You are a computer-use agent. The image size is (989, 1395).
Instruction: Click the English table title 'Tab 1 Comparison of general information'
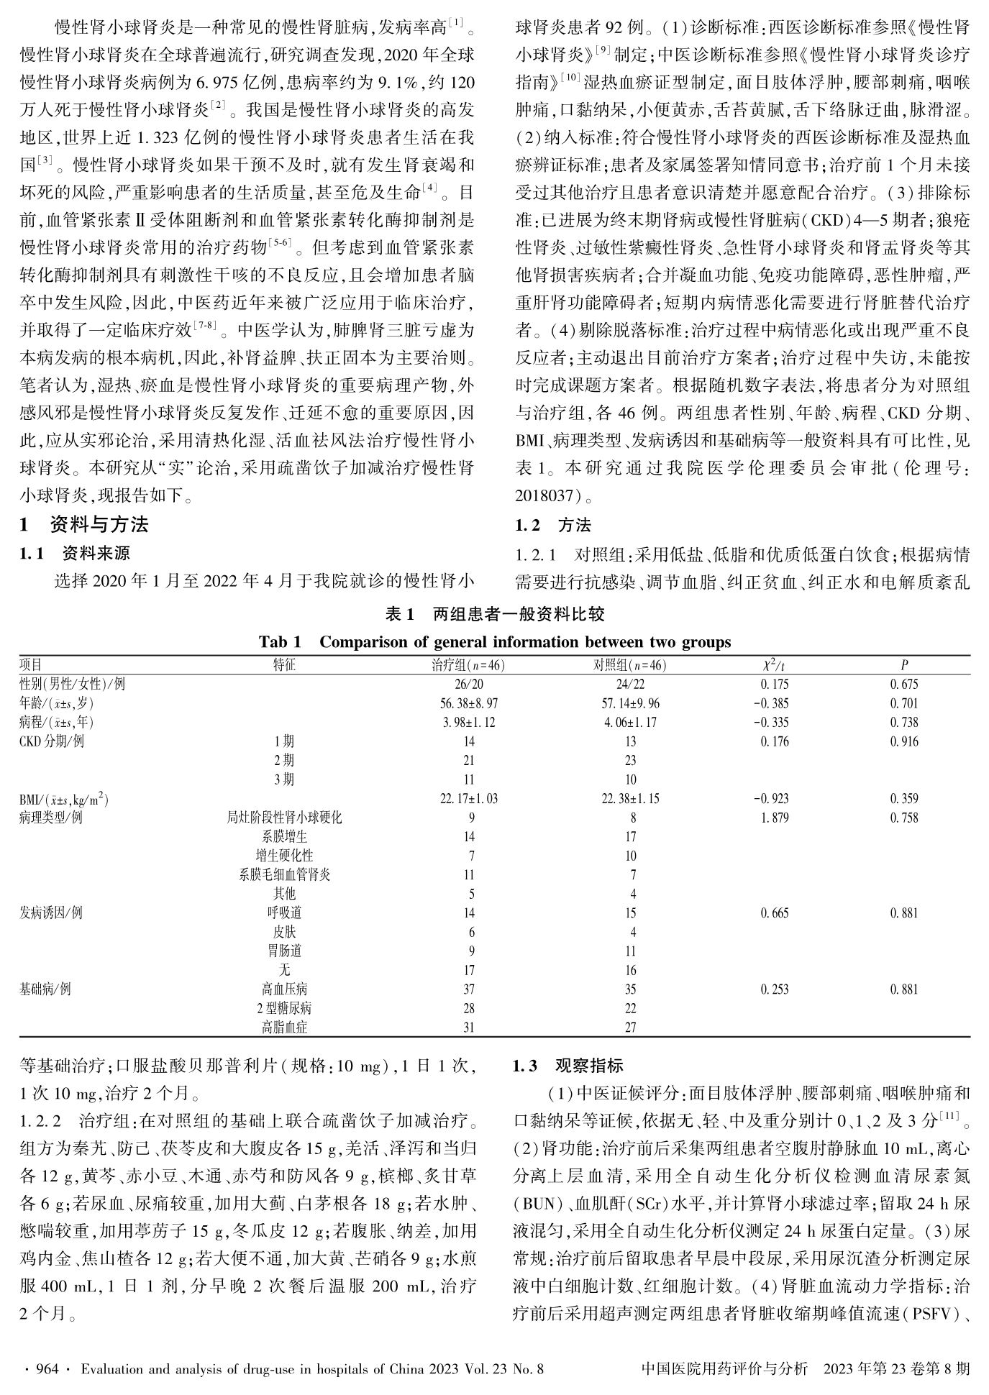coord(494,642)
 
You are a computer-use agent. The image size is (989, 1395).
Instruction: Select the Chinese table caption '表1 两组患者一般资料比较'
coord(495,614)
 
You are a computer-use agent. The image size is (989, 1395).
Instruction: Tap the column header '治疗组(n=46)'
coord(468,666)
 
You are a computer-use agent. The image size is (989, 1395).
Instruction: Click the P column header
coord(904,666)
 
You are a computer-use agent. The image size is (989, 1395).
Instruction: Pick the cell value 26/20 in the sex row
coord(468,685)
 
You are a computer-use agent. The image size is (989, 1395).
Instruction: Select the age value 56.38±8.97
coord(468,703)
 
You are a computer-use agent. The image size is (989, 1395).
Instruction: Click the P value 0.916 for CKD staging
coord(904,741)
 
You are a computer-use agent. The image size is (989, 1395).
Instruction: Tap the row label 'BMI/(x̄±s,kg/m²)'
coord(64,798)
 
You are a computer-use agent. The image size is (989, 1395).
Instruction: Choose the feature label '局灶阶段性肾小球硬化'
coord(284,818)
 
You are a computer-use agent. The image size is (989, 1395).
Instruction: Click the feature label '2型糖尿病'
coord(284,1008)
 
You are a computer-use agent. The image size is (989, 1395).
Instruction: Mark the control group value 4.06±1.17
coord(630,723)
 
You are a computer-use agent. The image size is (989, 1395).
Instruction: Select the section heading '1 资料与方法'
coord(84,525)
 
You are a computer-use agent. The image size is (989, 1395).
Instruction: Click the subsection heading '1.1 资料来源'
coord(75,553)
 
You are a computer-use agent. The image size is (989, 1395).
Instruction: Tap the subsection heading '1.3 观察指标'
coord(568,1066)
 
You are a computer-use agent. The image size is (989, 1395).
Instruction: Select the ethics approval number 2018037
coord(547,495)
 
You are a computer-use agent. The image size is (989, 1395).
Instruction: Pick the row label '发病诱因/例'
coord(51,913)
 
